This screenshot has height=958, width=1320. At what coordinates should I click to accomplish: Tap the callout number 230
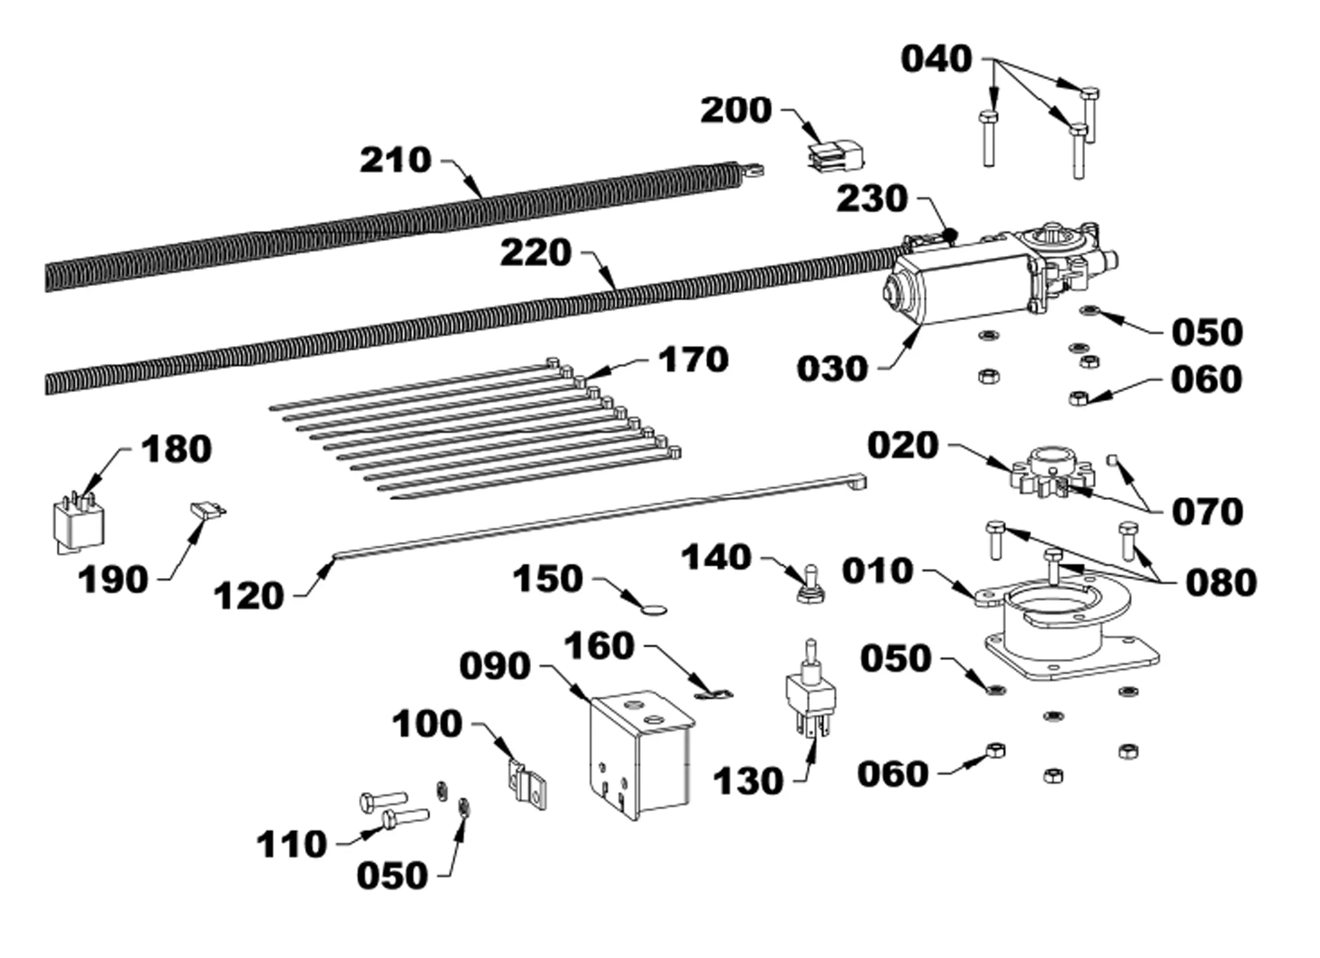872,199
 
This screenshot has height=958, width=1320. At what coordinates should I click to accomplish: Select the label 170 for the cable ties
693,360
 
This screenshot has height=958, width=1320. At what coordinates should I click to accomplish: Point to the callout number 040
937,59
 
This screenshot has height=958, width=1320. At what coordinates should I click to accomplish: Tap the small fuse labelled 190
208,510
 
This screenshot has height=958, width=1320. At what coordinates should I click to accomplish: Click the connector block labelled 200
836,155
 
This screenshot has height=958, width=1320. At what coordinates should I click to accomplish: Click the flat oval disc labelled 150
653,610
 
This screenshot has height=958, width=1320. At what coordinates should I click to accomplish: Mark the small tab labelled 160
715,693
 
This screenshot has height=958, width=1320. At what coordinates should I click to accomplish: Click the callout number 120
249,596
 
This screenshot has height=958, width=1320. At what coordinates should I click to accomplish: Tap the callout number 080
1222,583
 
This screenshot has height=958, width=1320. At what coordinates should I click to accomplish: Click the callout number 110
292,844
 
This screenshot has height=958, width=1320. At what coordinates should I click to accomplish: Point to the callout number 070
1207,512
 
